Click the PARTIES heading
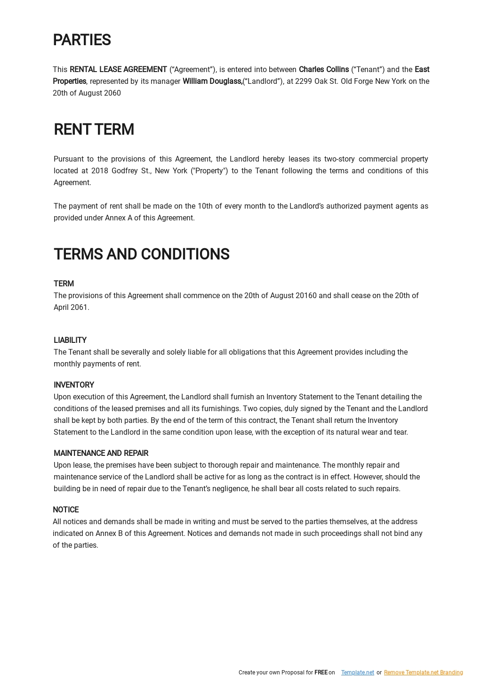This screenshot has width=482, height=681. tap(82, 40)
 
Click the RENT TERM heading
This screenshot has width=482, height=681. tap(94, 129)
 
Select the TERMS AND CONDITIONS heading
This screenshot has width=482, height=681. tap(141, 254)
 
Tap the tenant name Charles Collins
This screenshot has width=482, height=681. tap(324, 69)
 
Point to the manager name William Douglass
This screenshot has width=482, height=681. tap(212, 81)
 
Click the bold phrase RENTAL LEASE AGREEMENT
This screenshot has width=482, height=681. tap(118, 69)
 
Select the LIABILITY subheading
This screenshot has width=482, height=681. tap(70, 340)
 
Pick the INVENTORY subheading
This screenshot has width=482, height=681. tap(74, 385)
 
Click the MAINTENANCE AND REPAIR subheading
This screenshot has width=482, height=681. tap(101, 453)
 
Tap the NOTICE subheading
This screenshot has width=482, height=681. tap(65, 510)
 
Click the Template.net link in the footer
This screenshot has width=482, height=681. tap(358, 673)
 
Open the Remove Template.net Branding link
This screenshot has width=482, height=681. tap(423, 673)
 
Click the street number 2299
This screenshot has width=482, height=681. tap(304, 81)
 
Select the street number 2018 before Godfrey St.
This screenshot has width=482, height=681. tap(100, 170)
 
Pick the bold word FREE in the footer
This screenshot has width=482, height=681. tap(321, 673)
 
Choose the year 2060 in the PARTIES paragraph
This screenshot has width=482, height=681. tap(112, 93)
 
